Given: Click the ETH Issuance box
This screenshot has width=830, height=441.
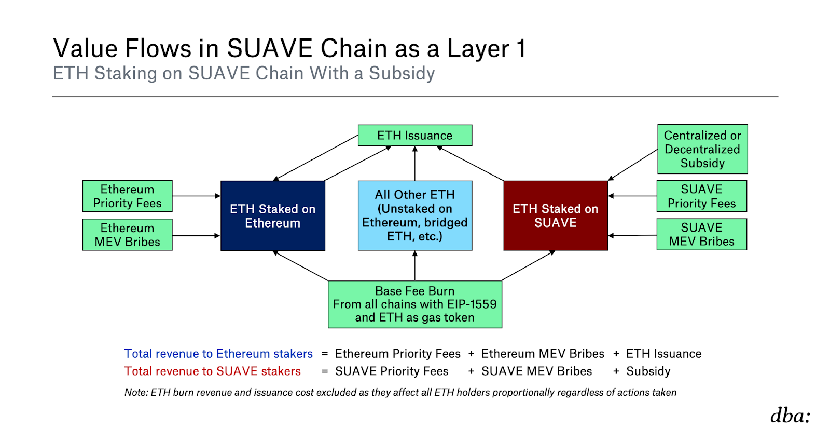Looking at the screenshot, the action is [x=414, y=136].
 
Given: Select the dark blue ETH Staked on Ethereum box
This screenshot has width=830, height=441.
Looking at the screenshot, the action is [x=273, y=216].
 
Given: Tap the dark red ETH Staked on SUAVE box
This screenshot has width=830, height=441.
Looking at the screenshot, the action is [x=556, y=216].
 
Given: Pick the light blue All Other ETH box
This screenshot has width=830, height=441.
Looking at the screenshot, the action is [x=414, y=216].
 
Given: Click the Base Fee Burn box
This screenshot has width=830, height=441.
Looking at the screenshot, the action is [x=414, y=304].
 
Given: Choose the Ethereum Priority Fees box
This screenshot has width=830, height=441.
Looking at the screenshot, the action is [x=128, y=196].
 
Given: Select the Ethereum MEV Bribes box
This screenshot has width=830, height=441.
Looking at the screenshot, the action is [x=128, y=235].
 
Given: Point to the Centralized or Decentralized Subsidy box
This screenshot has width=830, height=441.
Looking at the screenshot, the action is [x=702, y=149].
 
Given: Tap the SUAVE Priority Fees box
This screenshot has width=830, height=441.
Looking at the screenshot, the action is [x=702, y=196].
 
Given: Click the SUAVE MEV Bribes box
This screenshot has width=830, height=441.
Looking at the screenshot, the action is [x=702, y=234].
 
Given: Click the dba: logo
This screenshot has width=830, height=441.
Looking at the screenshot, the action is [x=790, y=416].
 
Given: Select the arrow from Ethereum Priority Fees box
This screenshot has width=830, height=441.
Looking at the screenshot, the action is [x=197, y=196].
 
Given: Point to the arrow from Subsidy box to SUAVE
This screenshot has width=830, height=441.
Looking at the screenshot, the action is [x=633, y=165].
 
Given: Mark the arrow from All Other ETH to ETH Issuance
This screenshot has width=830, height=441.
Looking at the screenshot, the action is [x=414, y=164].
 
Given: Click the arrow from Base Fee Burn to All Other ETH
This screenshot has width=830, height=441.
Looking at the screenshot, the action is [x=414, y=266].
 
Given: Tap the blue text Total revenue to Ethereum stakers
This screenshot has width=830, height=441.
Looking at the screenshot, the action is [x=218, y=354].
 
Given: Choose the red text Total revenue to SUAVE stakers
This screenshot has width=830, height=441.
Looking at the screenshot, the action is [x=212, y=371].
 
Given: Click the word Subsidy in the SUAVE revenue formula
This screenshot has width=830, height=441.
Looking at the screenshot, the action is [x=648, y=371].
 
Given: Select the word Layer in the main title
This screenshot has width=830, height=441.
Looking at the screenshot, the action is [x=478, y=49].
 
